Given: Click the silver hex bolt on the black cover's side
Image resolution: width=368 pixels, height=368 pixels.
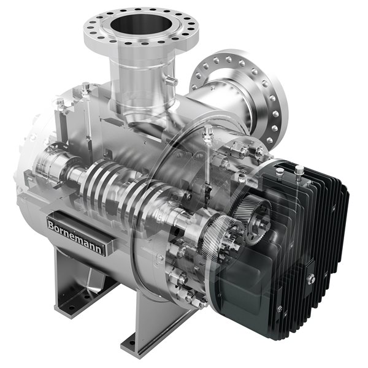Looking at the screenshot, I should click(x=312, y=279).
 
